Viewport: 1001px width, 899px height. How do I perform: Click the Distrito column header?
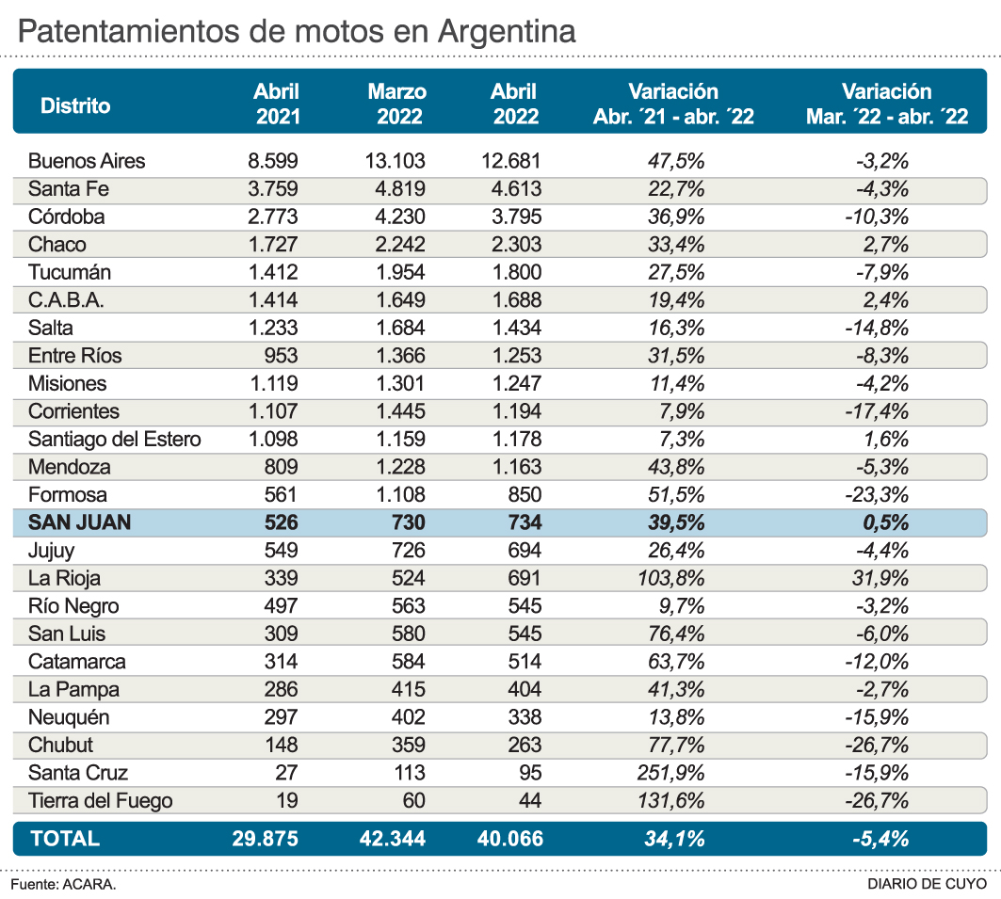pos(75,105)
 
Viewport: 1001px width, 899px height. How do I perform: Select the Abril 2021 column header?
pos(277,104)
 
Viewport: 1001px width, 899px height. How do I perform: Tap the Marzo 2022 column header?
pos(397,104)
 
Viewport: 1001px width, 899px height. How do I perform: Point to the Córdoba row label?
pos(66,217)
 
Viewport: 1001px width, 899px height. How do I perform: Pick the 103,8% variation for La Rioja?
pos(670,578)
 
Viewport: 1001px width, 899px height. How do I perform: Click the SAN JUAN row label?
pos(79,522)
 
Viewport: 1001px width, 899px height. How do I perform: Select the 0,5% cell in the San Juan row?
pos(886,522)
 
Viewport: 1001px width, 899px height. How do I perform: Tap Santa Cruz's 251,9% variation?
pos(670,773)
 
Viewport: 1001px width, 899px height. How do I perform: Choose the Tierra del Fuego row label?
pos(100,801)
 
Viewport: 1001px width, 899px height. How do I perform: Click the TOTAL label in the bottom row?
pos(65,839)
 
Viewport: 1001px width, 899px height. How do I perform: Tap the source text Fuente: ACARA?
pos(64,885)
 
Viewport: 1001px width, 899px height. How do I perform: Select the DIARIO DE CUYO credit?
pos(927,885)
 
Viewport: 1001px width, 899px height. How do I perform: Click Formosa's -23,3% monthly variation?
pos(880,495)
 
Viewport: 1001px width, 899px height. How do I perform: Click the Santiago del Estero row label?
pos(114,439)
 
